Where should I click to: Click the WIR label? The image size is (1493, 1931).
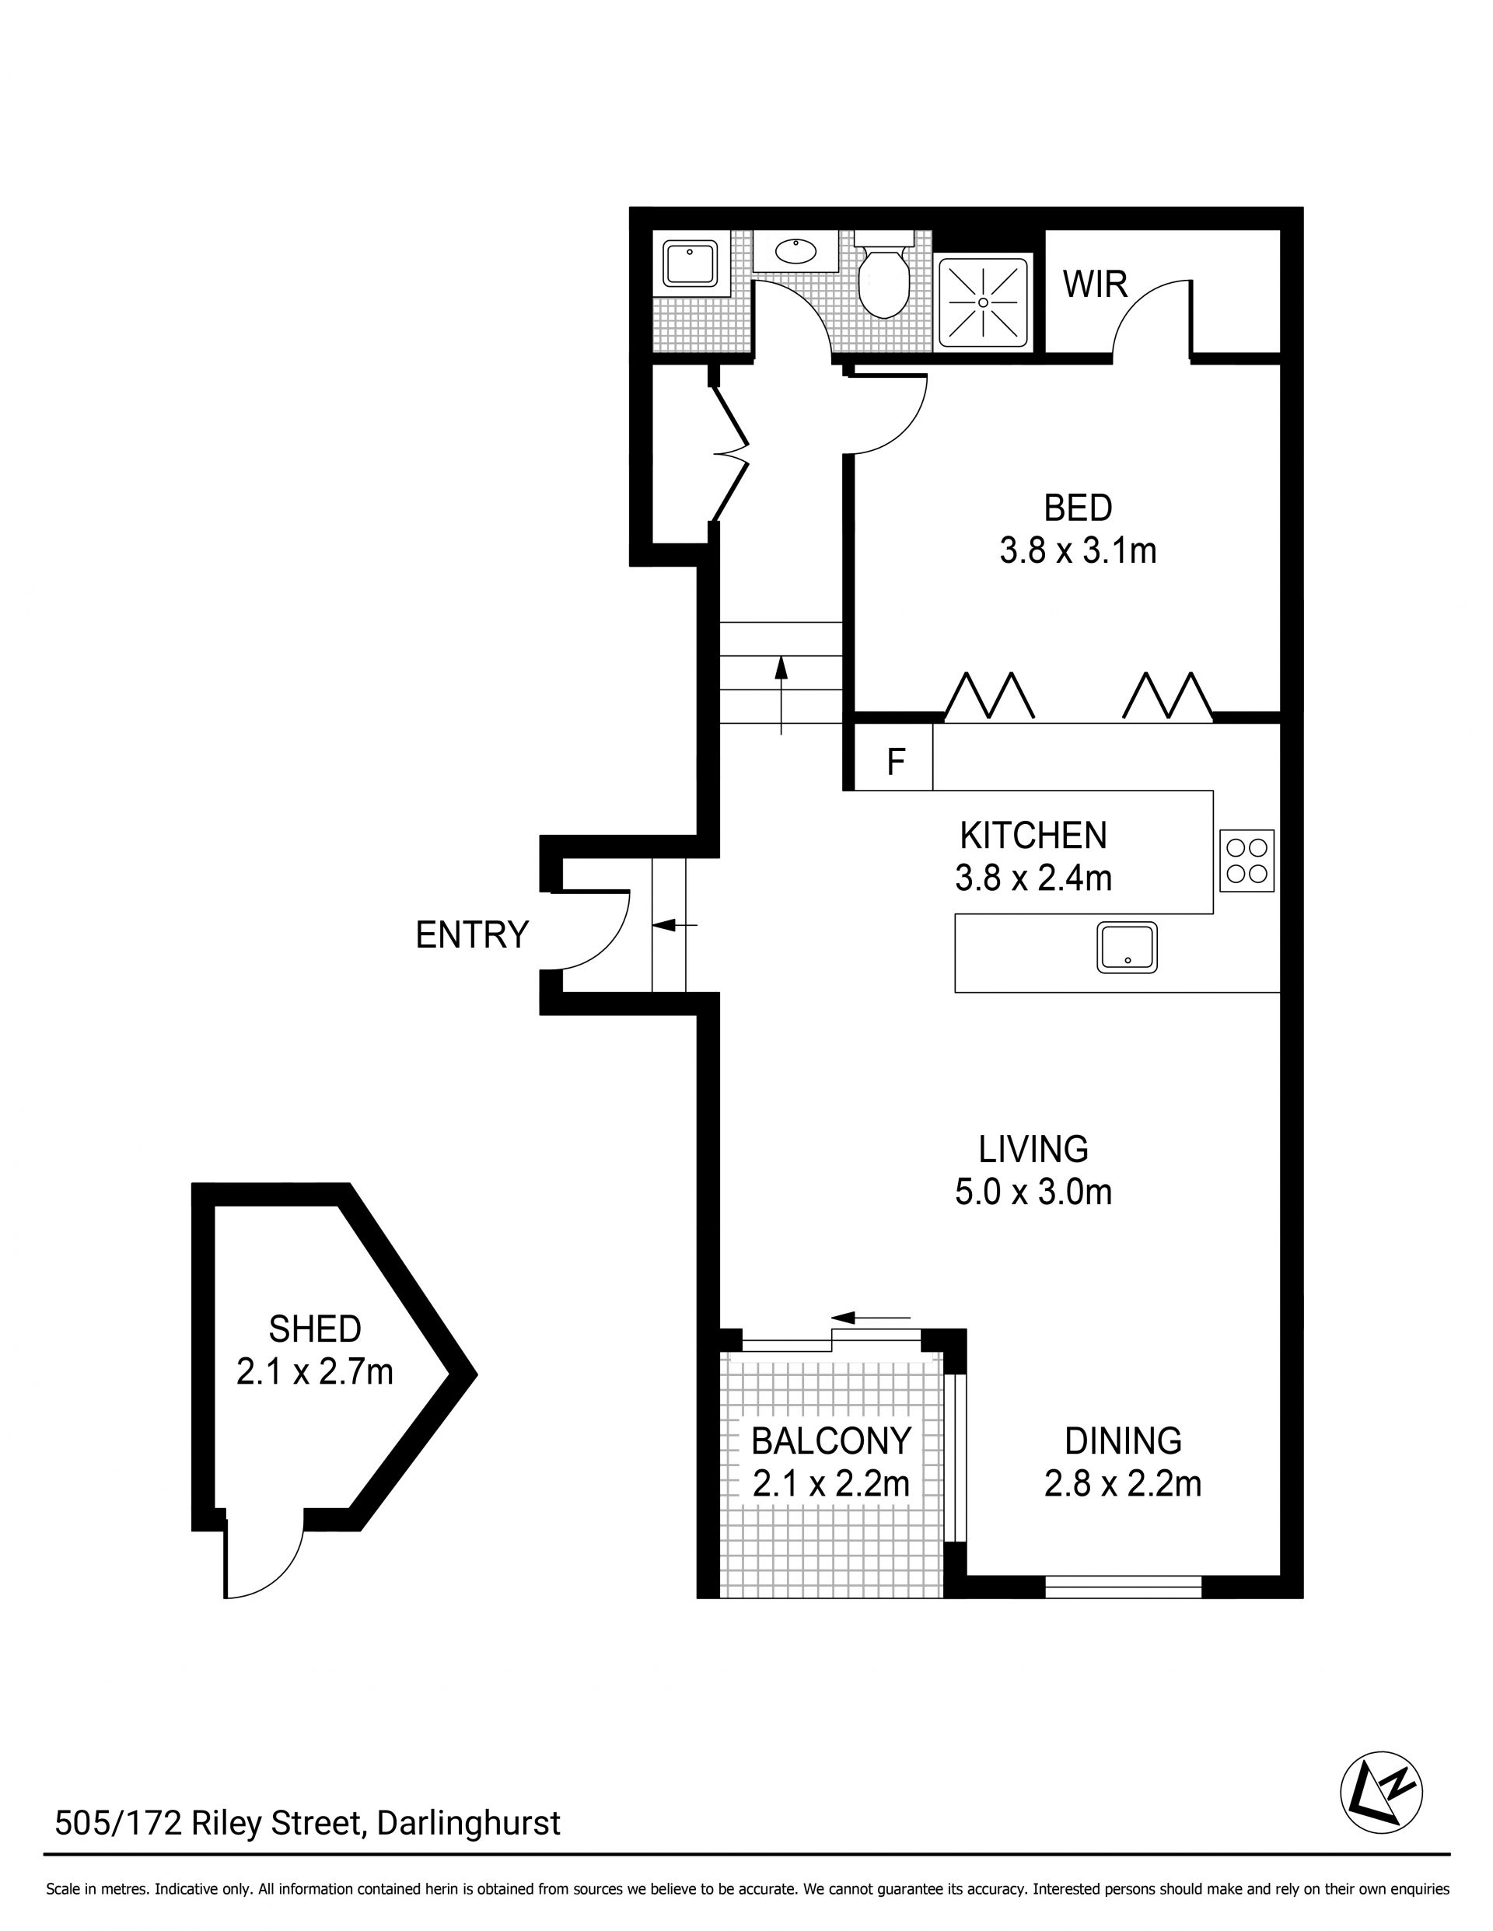[x=1095, y=285]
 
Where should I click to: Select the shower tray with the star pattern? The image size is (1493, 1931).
[x=983, y=302]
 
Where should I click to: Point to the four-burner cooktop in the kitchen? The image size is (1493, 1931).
[x=1246, y=861]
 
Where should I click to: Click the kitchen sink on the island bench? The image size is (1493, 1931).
[x=1127, y=948]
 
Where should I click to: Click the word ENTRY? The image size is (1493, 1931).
[x=472, y=934]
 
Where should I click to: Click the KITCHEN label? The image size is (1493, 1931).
[x=1033, y=836]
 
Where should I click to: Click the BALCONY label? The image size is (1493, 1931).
[x=830, y=1441]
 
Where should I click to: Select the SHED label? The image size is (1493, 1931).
[x=315, y=1329]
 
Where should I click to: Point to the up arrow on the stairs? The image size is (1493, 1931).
[x=781, y=695]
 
